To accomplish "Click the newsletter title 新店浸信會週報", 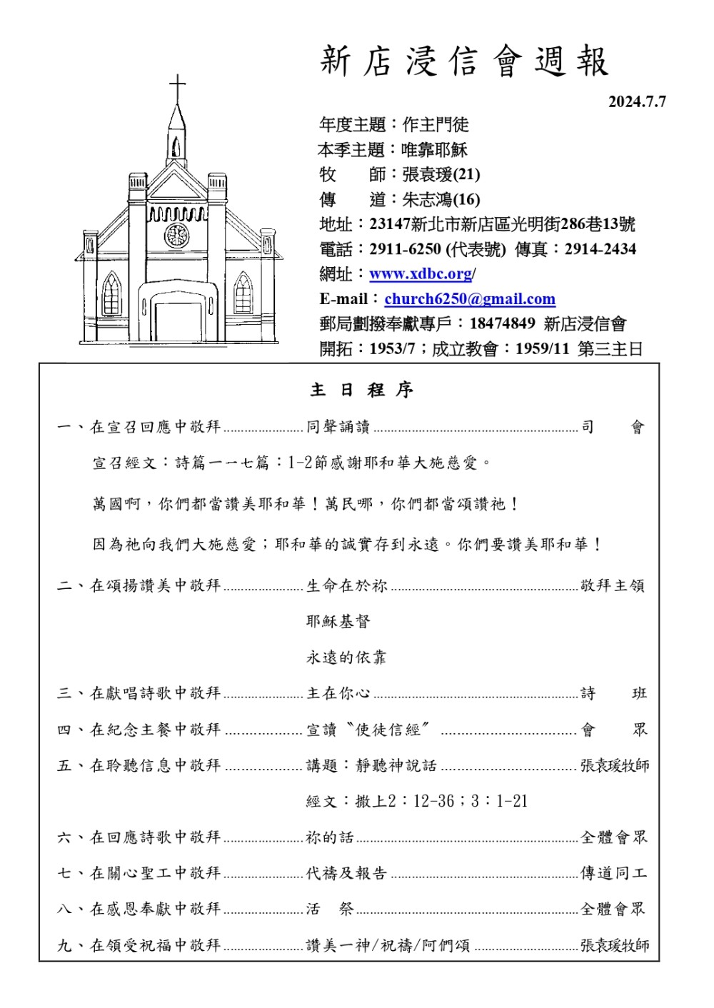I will pyautogui.click(x=464, y=61).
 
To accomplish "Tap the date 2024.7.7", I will pyautogui.click(x=636, y=102).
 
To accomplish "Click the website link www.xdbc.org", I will pyautogui.click(x=421, y=274).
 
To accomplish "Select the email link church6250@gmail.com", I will pyautogui.click(x=469, y=299).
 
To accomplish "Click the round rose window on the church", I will pyautogui.click(x=176, y=235).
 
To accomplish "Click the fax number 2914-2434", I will pyautogui.click(x=600, y=249).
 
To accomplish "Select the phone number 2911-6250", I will pyautogui.click(x=405, y=249).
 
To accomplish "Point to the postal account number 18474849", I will pyautogui.click(x=502, y=324).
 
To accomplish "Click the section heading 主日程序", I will pyautogui.click(x=361, y=390).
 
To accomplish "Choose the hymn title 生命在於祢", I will pyautogui.click(x=347, y=586).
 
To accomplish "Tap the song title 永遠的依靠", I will pyautogui.click(x=346, y=657).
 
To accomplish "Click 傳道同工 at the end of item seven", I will pyautogui.click(x=613, y=873).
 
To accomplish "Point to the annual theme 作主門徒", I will pyautogui.click(x=436, y=125).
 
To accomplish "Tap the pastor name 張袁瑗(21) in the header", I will pyautogui.click(x=441, y=174).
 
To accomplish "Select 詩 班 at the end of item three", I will pyautogui.click(x=613, y=693).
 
